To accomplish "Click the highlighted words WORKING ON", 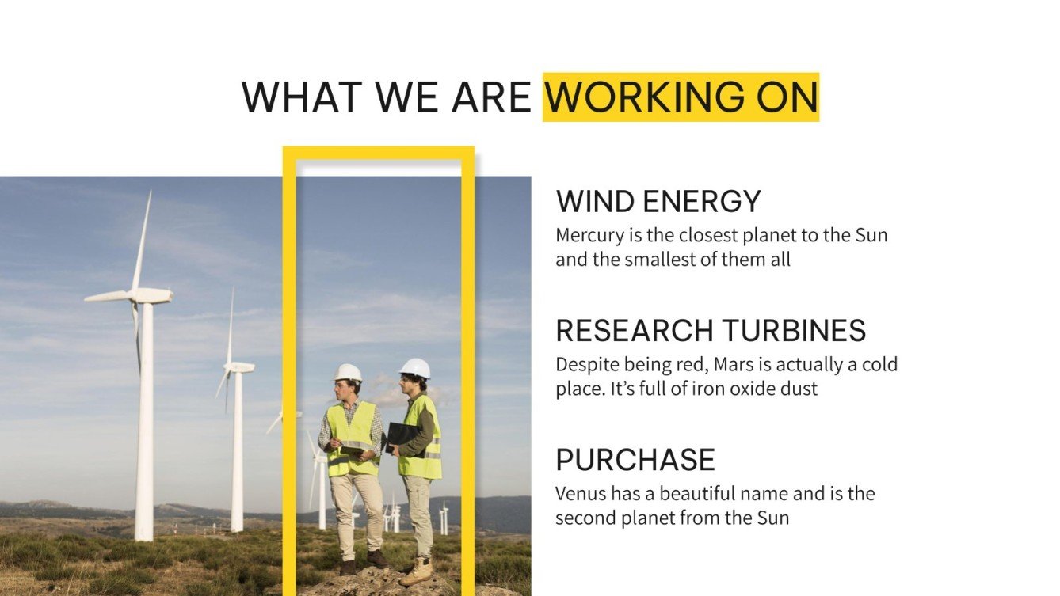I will pyautogui.click(x=681, y=97).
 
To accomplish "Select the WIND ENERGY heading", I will pyautogui.click(x=658, y=202).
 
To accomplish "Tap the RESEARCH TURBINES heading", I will pyautogui.click(x=711, y=331).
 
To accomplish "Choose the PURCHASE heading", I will pyautogui.click(x=635, y=460).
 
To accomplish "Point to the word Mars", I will pyautogui.click(x=733, y=366).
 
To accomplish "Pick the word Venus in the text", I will pyautogui.click(x=578, y=494).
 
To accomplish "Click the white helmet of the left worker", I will pyautogui.click(x=348, y=373).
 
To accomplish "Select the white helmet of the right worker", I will pyautogui.click(x=415, y=368).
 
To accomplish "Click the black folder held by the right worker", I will pyautogui.click(x=402, y=436).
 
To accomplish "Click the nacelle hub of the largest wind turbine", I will pyautogui.click(x=147, y=296).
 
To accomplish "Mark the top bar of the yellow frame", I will pyautogui.click(x=378, y=152).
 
